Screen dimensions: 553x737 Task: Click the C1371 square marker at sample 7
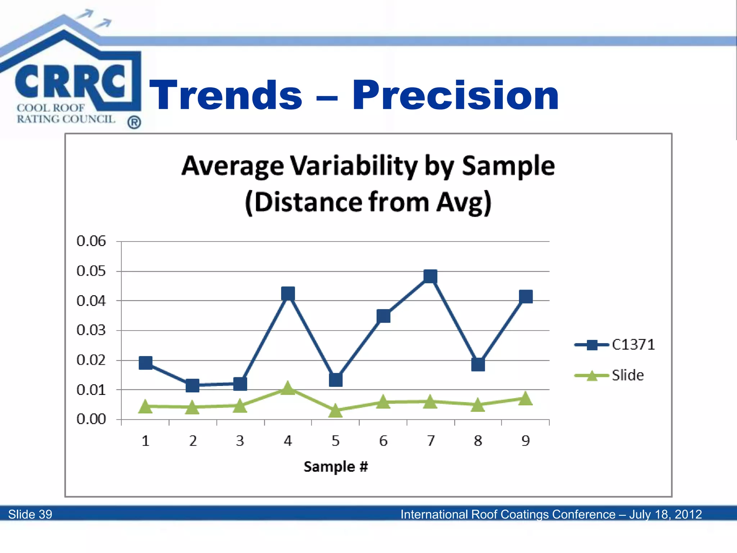click(x=430, y=276)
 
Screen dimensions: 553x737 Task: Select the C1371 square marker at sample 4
click(x=288, y=293)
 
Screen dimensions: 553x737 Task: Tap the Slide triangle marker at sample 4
click(x=288, y=388)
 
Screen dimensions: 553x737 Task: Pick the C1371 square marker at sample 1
click(x=145, y=363)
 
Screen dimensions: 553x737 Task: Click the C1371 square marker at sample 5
click(x=335, y=379)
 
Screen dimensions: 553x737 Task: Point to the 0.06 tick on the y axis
click(x=91, y=241)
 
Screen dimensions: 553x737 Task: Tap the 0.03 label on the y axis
click(x=91, y=330)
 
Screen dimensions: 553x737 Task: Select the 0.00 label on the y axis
click(x=91, y=419)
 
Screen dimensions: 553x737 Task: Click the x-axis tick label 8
click(x=478, y=441)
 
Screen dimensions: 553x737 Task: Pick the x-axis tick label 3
click(x=240, y=441)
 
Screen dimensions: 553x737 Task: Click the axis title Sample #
click(x=335, y=467)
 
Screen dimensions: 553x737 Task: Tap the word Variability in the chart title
click(x=354, y=166)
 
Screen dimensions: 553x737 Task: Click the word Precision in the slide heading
click(x=455, y=95)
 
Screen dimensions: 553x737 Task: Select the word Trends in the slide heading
click(x=226, y=95)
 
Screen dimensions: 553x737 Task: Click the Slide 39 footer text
click(x=30, y=514)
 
